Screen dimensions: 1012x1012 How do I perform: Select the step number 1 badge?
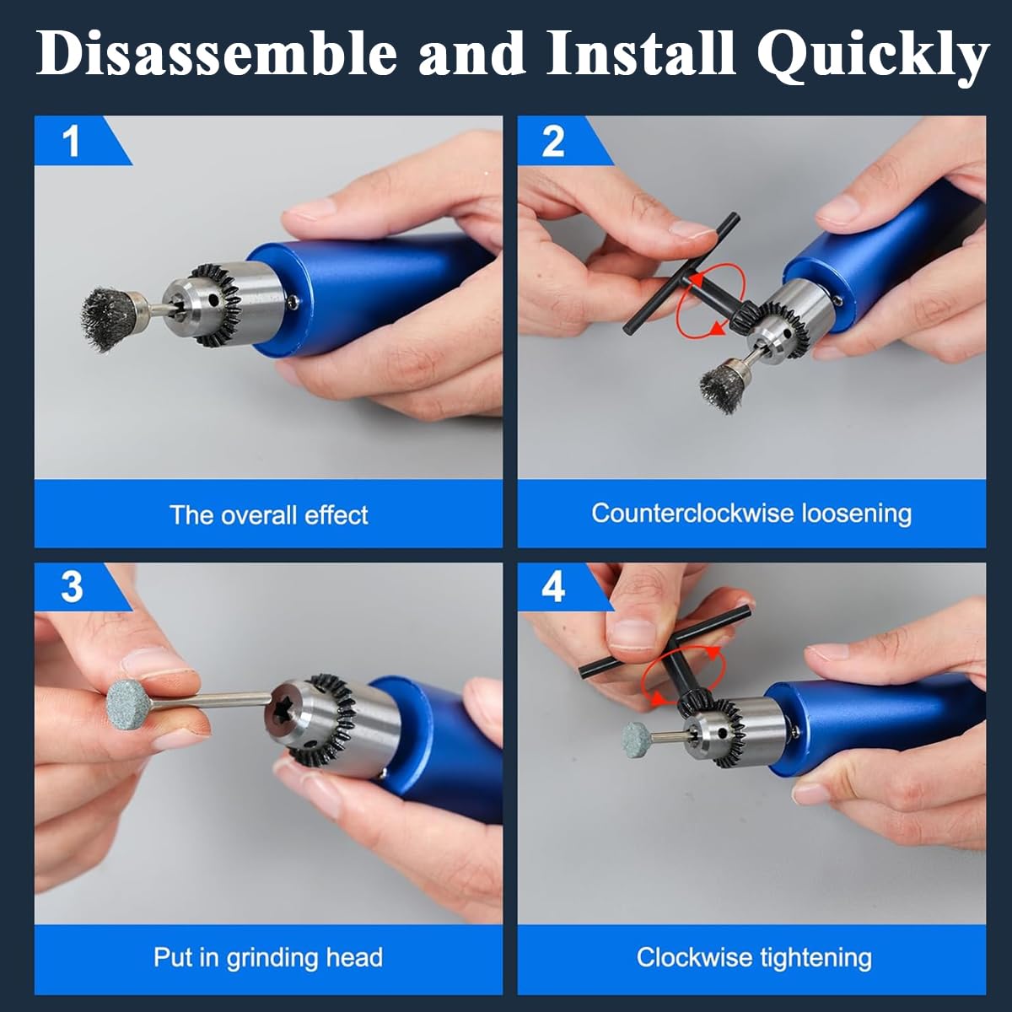(73, 140)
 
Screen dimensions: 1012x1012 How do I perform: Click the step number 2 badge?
(553, 140)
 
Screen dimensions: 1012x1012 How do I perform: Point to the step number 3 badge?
(73, 586)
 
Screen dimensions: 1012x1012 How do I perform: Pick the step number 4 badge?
(553, 586)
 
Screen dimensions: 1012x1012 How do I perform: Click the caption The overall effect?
(268, 514)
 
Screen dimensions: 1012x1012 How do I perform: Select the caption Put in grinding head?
(268, 957)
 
